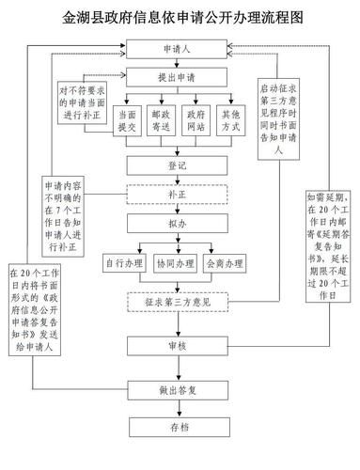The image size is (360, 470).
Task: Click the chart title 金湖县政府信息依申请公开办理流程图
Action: click(x=180, y=17)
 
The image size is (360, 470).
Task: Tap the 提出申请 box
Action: click(x=175, y=76)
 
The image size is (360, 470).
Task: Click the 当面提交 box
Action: click(x=125, y=120)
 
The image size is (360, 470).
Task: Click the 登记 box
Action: click(x=175, y=165)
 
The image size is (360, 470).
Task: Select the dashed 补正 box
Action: click(x=175, y=195)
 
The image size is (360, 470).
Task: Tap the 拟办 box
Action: click(x=175, y=225)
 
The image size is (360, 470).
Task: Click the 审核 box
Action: click(x=175, y=347)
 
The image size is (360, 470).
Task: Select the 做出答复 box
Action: click(x=175, y=387)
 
